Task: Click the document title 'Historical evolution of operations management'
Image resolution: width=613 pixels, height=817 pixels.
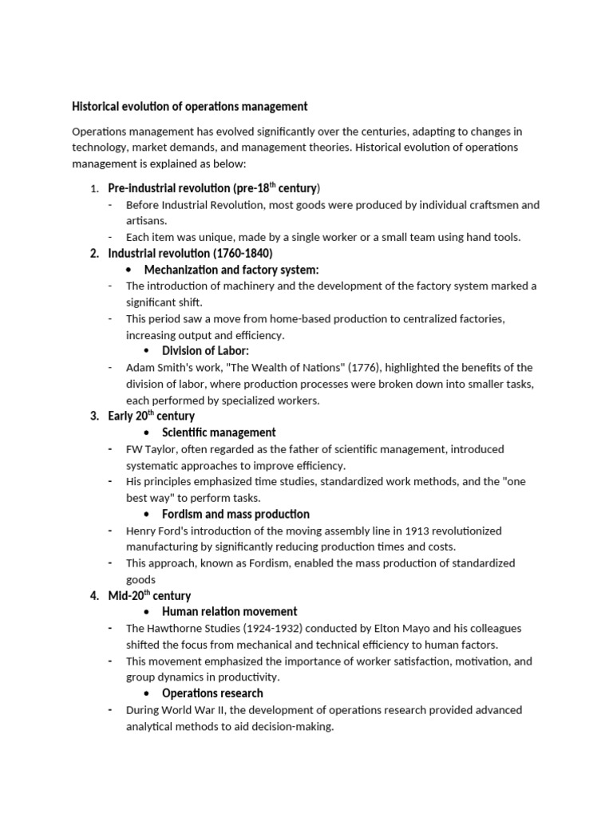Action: (x=190, y=106)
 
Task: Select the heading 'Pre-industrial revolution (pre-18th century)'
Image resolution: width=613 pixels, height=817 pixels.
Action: (x=214, y=188)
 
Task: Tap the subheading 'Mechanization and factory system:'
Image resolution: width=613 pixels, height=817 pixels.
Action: (x=231, y=270)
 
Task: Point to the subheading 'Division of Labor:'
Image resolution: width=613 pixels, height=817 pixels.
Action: (x=206, y=351)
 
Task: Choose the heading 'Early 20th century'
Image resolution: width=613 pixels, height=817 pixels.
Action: (x=151, y=416)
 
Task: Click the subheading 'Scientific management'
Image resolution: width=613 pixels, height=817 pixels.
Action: (x=219, y=432)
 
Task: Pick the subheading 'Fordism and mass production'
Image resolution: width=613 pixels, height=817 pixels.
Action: (x=235, y=514)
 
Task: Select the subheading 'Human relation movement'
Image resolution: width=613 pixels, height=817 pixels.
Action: (x=229, y=612)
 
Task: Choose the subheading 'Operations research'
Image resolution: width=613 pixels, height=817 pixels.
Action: (x=212, y=693)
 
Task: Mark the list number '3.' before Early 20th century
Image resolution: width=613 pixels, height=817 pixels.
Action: (x=94, y=416)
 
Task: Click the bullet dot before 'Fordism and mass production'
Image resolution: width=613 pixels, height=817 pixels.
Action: (x=147, y=515)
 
